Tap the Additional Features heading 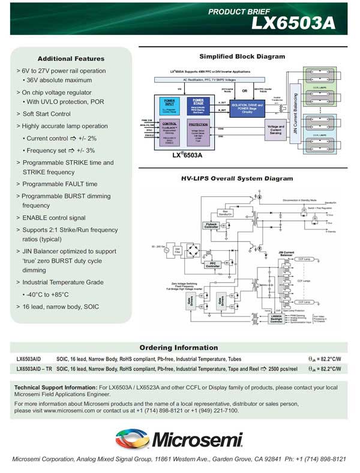(71, 58)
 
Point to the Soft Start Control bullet (46, 113)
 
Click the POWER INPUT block (169, 105)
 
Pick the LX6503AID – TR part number (34, 369)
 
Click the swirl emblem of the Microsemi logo (134, 439)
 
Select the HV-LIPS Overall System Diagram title (237, 178)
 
